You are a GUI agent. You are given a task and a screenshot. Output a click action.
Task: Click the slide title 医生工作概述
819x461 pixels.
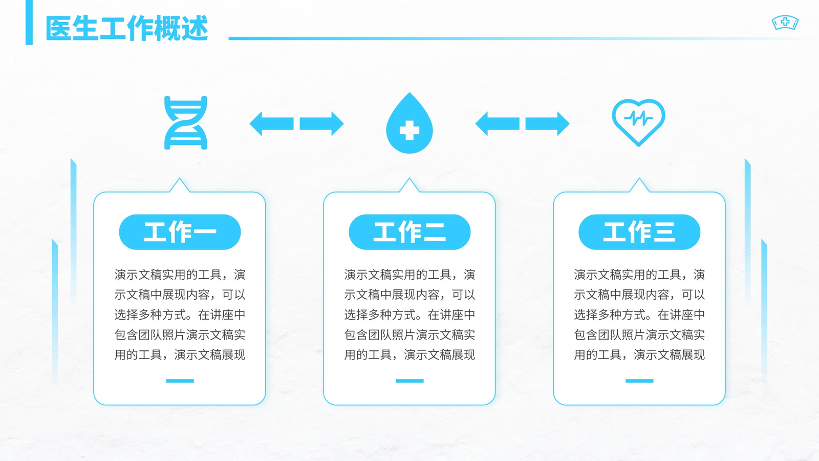point(126,28)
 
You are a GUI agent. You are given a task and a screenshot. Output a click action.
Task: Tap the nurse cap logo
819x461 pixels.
point(785,23)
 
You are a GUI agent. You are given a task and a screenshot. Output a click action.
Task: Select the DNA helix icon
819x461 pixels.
point(186,123)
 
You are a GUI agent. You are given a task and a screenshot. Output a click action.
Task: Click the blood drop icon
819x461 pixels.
point(409,123)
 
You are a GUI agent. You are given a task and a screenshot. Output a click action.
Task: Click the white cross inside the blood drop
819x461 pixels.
point(409,130)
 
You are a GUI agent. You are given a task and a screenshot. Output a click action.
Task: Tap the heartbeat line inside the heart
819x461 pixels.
point(638,118)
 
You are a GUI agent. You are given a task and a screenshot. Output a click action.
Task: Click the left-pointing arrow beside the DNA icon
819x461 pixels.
point(271,123)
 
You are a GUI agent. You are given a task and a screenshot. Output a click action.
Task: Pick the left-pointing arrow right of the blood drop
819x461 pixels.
point(497,123)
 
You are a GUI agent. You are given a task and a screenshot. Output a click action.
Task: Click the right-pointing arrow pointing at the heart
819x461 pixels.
point(547,123)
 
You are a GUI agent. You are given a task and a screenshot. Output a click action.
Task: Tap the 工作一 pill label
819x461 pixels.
point(180,232)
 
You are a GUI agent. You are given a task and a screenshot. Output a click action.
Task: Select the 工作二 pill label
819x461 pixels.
point(409,232)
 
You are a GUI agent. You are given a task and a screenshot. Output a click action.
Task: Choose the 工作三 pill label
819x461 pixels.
point(639,232)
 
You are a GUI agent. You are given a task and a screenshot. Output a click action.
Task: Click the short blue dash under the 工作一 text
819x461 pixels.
point(180,381)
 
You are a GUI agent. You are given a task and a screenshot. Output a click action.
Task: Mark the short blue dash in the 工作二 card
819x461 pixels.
point(409,381)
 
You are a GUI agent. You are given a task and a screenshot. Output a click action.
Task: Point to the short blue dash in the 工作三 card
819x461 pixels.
point(639,381)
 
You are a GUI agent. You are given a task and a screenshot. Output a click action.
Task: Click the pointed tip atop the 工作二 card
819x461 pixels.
point(409,179)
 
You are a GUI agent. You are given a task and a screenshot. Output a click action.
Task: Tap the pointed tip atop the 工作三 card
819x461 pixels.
point(639,179)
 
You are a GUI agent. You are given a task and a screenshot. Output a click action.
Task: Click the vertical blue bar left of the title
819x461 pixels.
point(29,23)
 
